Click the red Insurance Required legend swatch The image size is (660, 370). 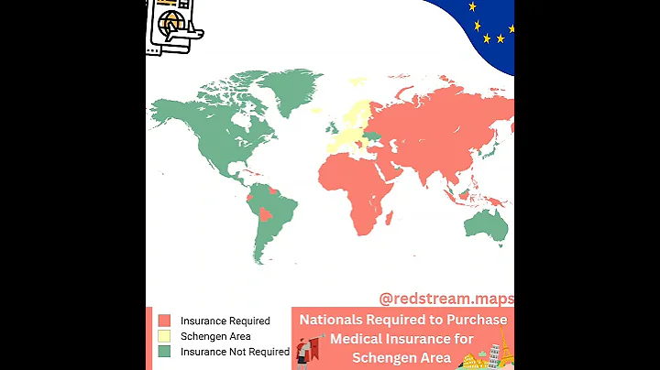[x=164, y=321]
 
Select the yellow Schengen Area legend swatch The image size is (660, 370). [x=164, y=336]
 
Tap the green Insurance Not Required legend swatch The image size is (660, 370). [x=164, y=352]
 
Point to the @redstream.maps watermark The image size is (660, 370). [x=446, y=299]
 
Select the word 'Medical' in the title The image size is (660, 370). [x=360, y=339]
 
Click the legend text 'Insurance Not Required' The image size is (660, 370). [x=235, y=352]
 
